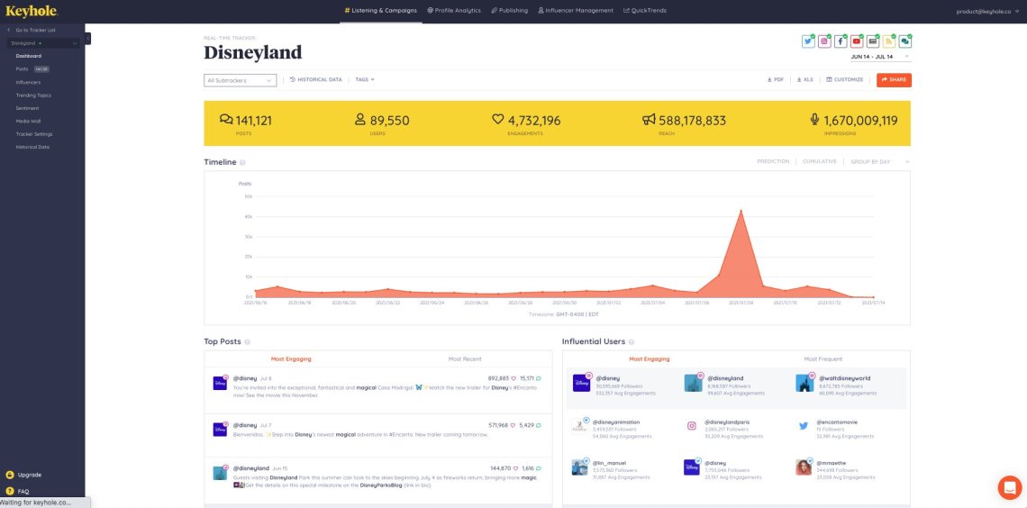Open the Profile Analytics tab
(456, 11)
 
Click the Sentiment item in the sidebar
(27, 108)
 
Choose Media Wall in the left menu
(28, 121)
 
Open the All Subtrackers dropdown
(240, 80)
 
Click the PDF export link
(776, 79)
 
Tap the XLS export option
(805, 79)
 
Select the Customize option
(845, 79)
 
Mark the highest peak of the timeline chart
(741, 211)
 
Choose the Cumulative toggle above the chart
(819, 162)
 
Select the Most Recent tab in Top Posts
(465, 358)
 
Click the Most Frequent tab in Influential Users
(823, 358)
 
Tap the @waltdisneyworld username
(845, 378)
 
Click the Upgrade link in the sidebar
(29, 475)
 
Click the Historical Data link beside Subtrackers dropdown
(316, 79)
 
